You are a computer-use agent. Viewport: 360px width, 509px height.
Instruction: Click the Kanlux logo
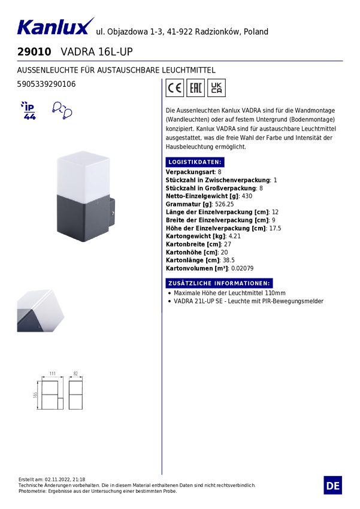pyautogui.click(x=55, y=27)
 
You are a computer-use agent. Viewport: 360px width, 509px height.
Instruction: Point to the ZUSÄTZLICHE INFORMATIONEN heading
pyautogui.click(x=218, y=283)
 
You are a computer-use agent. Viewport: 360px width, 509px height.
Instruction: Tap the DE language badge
pyautogui.click(x=333, y=485)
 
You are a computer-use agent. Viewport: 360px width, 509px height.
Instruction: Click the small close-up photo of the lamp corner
pyautogui.click(x=41, y=308)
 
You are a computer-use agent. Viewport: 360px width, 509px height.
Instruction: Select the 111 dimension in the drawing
pyautogui.click(x=52, y=373)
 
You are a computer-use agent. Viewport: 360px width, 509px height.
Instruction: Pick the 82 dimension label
pyautogui.click(x=76, y=373)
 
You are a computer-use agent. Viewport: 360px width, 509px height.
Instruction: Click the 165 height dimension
pyautogui.click(x=36, y=395)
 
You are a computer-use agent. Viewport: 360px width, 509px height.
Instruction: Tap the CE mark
pyautogui.click(x=175, y=89)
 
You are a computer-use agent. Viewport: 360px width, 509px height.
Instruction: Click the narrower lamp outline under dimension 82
pyautogui.click(x=76, y=395)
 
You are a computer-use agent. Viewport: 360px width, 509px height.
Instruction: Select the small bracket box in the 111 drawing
pyautogui.click(x=62, y=401)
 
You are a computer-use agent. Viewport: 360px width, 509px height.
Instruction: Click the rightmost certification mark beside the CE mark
pyautogui.click(x=217, y=89)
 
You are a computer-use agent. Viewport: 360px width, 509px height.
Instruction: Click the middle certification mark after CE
pyautogui.click(x=195, y=89)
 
